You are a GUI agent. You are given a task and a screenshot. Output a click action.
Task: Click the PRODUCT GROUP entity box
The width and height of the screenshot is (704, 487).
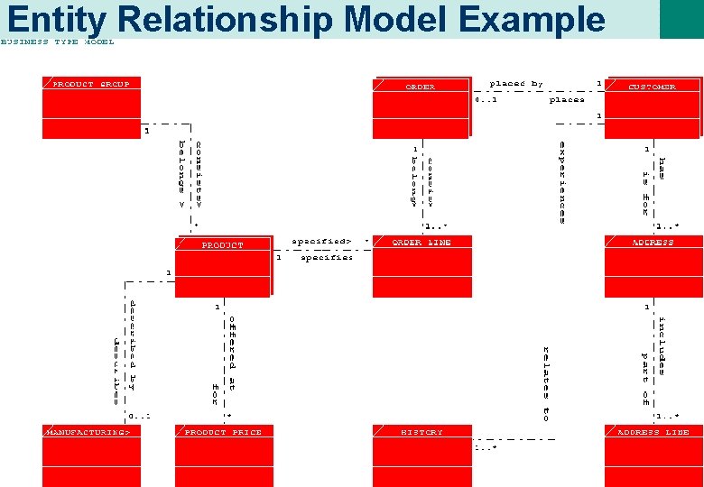pos(91,107)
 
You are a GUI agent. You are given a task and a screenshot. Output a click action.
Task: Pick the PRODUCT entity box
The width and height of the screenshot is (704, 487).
pos(222,266)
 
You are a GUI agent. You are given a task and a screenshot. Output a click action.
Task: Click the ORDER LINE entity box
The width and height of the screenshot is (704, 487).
pos(421,266)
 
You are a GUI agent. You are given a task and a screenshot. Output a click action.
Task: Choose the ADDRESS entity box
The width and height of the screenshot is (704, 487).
pos(652,266)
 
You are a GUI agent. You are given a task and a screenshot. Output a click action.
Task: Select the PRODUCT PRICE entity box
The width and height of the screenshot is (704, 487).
pos(222,455)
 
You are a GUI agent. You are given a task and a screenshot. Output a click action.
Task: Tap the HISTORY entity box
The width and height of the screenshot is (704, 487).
pos(421,455)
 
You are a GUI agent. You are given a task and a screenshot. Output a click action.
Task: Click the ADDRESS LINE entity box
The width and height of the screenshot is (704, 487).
pos(652,455)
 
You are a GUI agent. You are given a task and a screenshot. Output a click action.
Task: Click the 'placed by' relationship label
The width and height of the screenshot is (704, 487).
pos(516,84)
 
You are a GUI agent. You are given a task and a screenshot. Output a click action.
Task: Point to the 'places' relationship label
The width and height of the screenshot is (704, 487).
pos(567,100)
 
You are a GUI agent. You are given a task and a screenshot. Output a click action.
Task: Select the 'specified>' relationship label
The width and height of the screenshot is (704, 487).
pos(320,242)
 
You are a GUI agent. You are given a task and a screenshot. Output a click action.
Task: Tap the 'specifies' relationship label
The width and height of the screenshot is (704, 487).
pos(327,258)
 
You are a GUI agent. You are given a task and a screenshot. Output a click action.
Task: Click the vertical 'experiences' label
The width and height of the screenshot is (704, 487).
pos(562,181)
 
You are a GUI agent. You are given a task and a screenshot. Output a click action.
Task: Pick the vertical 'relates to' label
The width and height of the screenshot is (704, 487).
pos(546,383)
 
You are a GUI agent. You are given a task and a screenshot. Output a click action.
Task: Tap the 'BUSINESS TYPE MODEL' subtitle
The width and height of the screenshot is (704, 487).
pos(57,42)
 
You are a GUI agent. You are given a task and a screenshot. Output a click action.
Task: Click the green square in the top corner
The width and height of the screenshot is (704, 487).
pos(681,19)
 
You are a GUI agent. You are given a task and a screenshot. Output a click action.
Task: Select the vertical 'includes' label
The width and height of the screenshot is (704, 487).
pos(662,345)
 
